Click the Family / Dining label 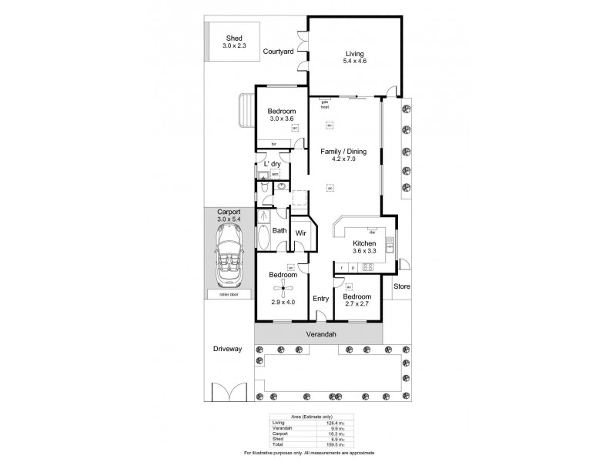(343, 152)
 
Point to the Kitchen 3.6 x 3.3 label (364, 246)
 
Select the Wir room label (302, 233)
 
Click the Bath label (279, 230)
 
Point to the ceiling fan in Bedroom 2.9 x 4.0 (283, 290)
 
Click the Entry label (321, 299)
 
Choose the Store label (402, 287)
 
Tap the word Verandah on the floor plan (318, 335)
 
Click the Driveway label (228, 349)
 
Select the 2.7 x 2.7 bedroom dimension (357, 305)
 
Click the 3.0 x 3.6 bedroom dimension (283, 119)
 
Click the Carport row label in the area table (280, 434)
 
